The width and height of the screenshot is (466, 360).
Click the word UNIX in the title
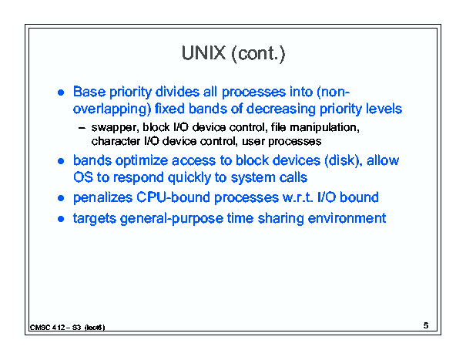point(203,53)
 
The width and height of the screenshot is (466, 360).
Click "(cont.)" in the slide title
point(258,54)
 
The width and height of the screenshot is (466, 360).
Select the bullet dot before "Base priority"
point(61,93)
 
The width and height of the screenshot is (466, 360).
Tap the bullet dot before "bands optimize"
point(61,161)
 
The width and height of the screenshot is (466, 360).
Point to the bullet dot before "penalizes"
point(61,198)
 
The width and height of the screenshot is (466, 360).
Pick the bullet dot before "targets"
point(61,219)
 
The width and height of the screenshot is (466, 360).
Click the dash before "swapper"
point(82,128)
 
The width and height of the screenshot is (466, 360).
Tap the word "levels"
point(384,109)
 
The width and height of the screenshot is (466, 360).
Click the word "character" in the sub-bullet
point(116,141)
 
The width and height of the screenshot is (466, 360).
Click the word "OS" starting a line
point(83,177)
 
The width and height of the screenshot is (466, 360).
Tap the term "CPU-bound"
point(173,197)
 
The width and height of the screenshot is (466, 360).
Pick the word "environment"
point(347,218)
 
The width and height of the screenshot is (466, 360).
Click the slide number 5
point(426,325)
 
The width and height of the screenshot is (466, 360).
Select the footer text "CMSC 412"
point(48,328)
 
